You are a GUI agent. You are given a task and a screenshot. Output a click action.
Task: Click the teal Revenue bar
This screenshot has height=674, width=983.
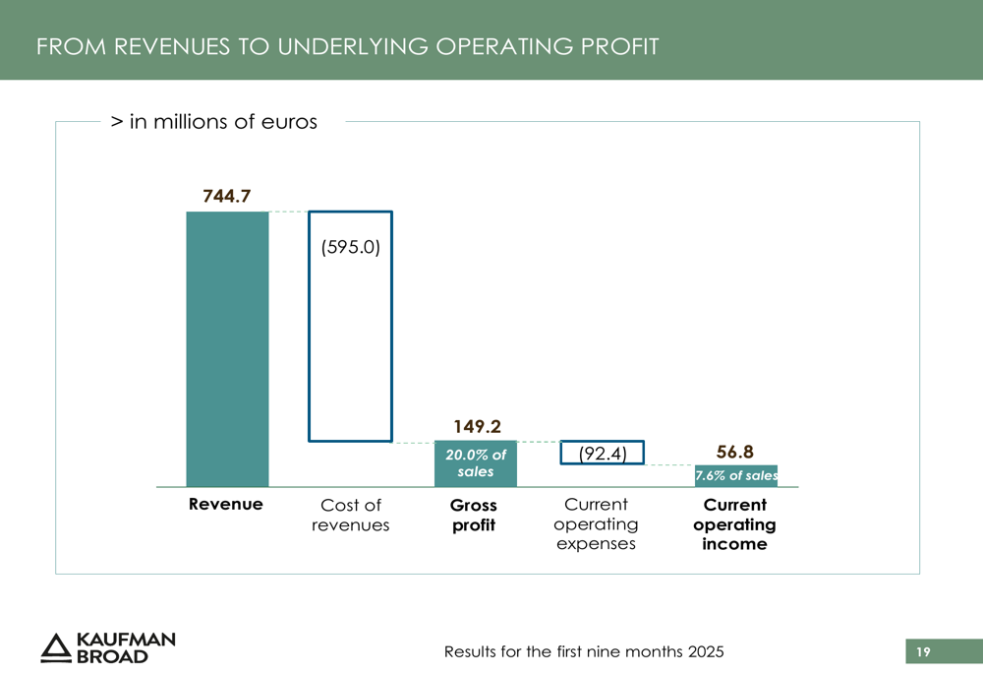click(x=227, y=349)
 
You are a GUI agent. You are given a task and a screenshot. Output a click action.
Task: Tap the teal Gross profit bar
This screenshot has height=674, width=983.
click(x=476, y=463)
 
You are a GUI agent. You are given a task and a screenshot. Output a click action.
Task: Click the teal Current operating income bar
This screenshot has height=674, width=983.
click(x=736, y=476)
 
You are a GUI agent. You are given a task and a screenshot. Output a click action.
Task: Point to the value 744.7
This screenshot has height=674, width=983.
click(x=227, y=197)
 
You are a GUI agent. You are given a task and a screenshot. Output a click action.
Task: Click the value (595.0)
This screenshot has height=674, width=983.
click(x=351, y=248)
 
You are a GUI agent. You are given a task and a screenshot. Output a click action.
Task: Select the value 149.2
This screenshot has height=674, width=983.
click(x=477, y=427)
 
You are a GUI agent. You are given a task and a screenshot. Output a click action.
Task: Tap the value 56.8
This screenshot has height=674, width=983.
click(x=735, y=452)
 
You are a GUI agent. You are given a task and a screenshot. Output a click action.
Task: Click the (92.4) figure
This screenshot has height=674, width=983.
click(x=603, y=454)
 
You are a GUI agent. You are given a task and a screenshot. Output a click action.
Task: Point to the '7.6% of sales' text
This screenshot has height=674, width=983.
click(x=736, y=476)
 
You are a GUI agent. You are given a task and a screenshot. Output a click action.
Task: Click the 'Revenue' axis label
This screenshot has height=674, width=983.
click(x=226, y=505)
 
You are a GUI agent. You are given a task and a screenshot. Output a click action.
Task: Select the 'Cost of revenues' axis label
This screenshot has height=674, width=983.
click(x=351, y=515)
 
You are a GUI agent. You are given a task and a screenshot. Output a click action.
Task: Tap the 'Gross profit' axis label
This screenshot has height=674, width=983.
click(x=474, y=515)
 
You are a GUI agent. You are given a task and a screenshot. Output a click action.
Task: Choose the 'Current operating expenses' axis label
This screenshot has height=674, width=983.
click(x=596, y=524)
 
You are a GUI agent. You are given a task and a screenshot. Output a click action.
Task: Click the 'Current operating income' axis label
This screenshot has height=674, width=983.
click(x=734, y=524)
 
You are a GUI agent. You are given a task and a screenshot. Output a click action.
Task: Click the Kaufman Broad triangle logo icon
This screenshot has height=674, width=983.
click(x=56, y=646)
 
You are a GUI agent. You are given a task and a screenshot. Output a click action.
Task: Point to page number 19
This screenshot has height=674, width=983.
click(x=922, y=651)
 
